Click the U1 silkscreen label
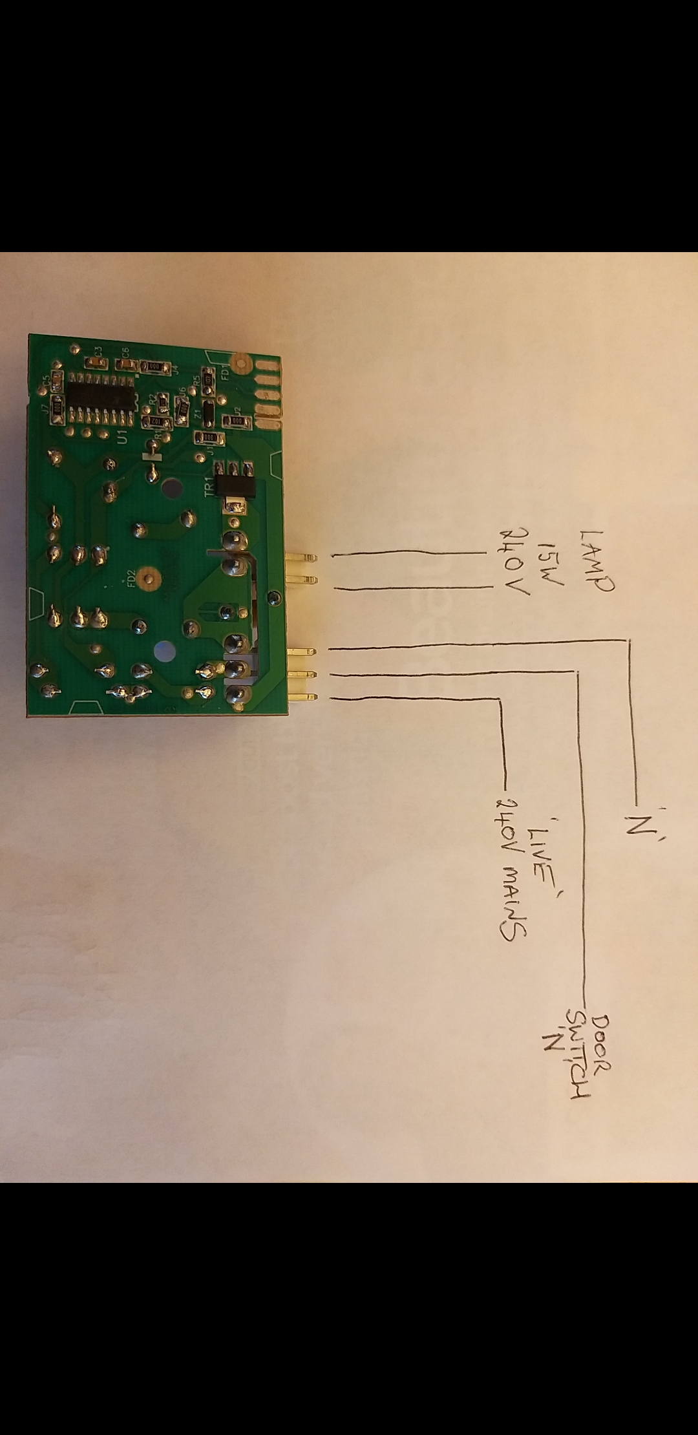pyautogui.click(x=123, y=440)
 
